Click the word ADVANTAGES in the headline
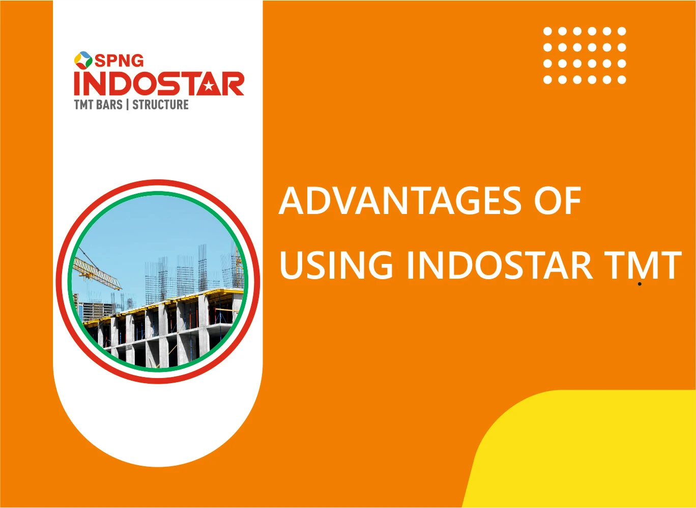(400, 201)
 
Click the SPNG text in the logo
(119, 61)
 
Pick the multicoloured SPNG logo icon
(83, 60)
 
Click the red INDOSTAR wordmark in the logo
(159, 84)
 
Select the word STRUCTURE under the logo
(160, 105)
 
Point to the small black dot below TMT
(640, 284)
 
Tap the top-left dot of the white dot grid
(547, 31)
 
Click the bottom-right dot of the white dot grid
(621, 79)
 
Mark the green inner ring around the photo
(158, 194)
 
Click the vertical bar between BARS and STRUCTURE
(127, 105)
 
